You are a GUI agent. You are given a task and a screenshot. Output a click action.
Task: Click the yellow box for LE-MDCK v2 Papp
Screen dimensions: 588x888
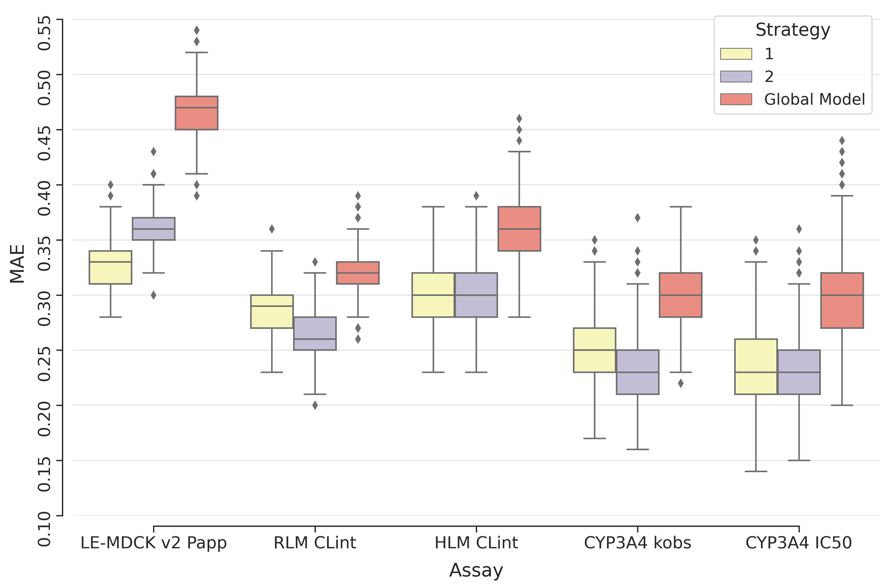pos(110,267)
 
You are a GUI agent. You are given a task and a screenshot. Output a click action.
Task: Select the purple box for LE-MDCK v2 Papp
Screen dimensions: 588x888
pos(153,228)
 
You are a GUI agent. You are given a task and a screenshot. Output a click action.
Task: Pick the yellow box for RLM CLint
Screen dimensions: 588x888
pos(272,311)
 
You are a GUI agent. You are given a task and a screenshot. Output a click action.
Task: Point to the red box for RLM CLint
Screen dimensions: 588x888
pos(358,273)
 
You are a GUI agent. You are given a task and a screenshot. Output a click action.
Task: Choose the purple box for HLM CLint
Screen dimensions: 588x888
pos(476,295)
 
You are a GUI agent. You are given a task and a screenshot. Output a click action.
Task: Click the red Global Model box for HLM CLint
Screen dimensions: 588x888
pos(519,229)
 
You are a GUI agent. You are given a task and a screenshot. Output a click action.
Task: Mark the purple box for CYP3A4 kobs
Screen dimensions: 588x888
pos(638,372)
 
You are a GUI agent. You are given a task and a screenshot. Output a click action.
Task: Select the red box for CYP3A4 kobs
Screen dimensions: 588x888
pos(680,295)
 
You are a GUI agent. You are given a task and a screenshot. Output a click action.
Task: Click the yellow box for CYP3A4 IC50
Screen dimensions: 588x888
pos(756,366)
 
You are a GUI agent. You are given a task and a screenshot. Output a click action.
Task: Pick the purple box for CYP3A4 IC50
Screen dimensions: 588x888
pos(799,372)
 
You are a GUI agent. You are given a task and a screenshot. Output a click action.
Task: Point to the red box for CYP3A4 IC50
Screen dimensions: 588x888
pos(842,300)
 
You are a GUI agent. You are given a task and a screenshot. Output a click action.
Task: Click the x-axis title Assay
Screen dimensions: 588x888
pos(476,570)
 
